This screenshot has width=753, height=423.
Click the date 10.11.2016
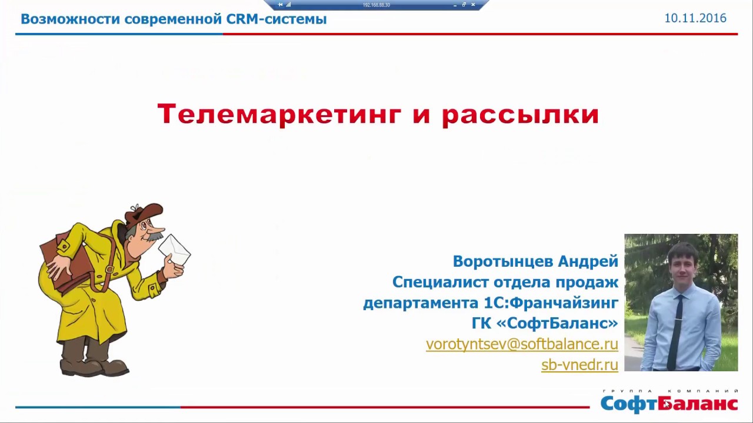tap(695, 18)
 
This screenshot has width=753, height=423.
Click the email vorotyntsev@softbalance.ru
tap(522, 344)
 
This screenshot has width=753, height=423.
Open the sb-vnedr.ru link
tap(579, 365)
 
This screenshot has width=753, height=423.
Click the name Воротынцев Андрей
tap(535, 261)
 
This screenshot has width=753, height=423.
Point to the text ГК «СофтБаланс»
tap(545, 323)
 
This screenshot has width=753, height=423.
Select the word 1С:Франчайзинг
tap(551, 303)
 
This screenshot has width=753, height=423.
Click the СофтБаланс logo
tap(669, 401)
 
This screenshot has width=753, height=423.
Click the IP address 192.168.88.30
tap(376, 5)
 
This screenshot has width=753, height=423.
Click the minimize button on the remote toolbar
tap(455, 5)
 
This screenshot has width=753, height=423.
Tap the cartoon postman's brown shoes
tap(95, 367)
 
